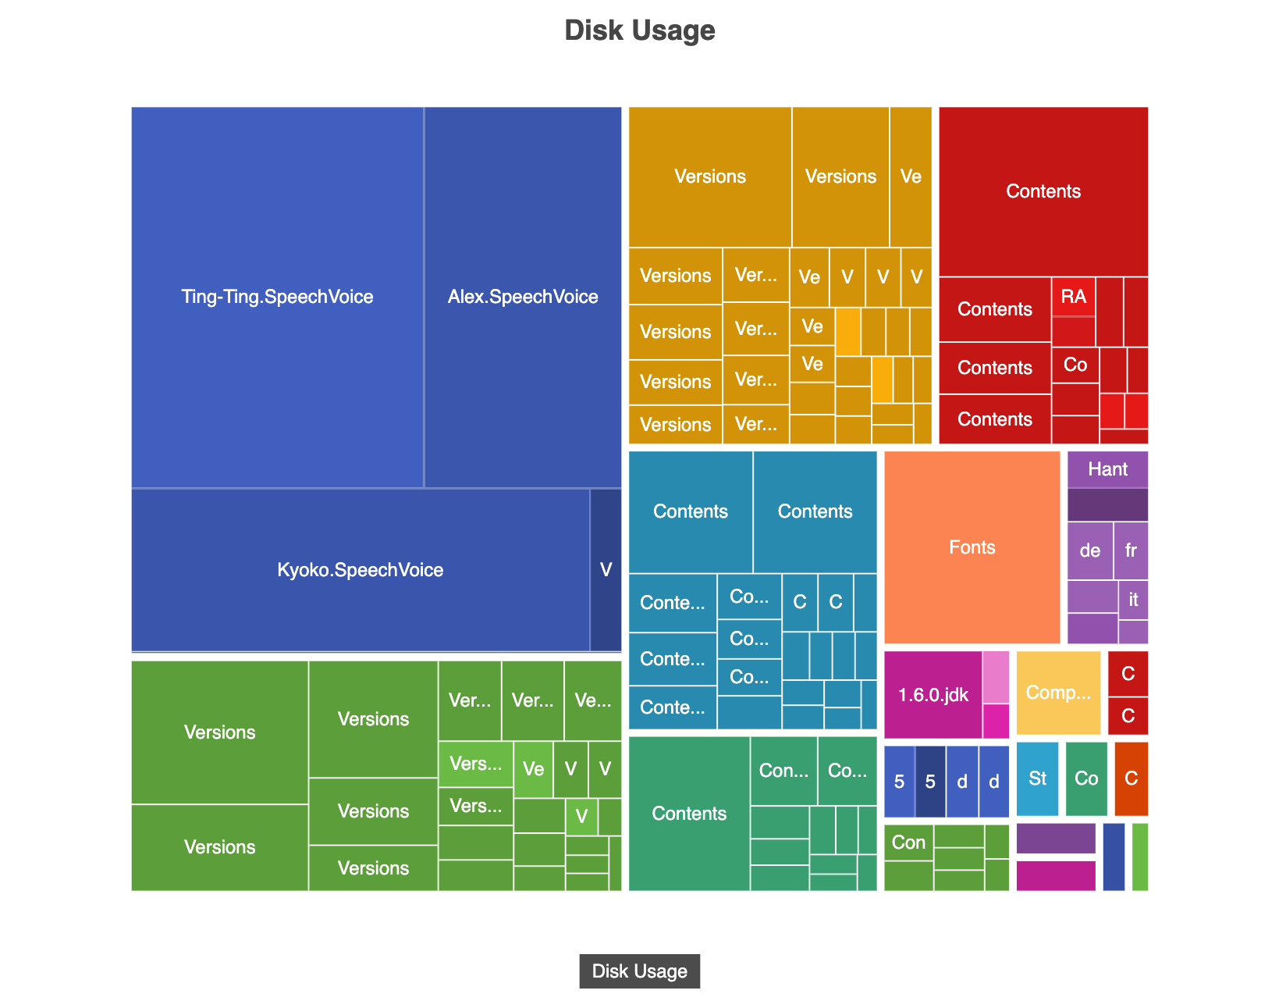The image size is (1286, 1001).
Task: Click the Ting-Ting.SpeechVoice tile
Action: [x=277, y=297]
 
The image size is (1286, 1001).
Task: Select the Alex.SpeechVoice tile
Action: [x=523, y=297]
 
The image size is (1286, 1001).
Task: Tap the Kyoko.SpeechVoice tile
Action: [x=360, y=570]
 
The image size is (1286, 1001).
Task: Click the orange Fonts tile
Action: [x=972, y=547]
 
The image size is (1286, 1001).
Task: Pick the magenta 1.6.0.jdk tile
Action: [x=933, y=695]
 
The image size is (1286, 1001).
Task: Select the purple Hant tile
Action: [x=1107, y=469]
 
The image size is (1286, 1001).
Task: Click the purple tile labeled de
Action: [x=1089, y=550]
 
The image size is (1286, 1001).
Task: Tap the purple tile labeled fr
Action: [x=1131, y=550]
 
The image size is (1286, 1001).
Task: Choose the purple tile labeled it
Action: [x=1133, y=600]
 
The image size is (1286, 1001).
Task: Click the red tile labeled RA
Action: [x=1073, y=297]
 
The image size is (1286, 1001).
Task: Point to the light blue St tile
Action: [x=1037, y=778]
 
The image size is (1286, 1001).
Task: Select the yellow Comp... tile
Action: [x=1058, y=693]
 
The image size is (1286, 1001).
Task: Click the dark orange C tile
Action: [x=1131, y=778]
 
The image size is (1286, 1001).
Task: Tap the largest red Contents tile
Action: [x=1043, y=191]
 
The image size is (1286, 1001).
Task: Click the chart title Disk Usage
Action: [x=639, y=30]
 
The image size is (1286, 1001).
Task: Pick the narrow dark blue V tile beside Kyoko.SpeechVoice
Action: [x=606, y=570]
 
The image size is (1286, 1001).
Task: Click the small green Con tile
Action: [x=908, y=842]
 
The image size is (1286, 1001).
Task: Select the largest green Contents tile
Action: [x=689, y=814]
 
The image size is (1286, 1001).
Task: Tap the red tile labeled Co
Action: [x=1075, y=365]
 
